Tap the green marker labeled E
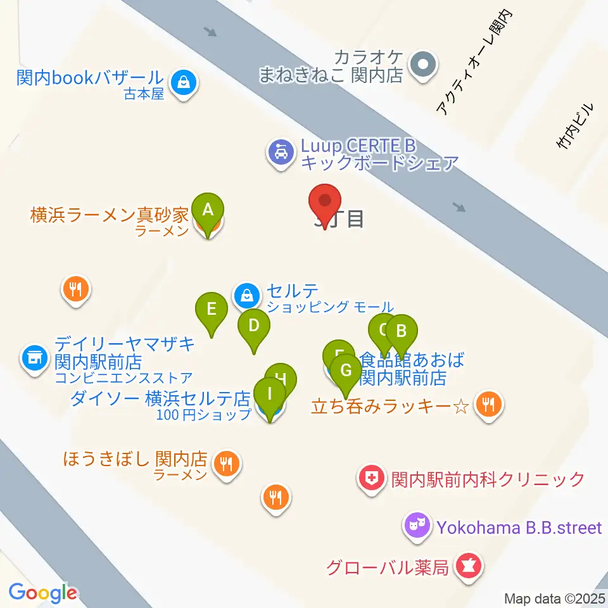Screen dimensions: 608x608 click(x=212, y=310)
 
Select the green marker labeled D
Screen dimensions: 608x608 click(x=253, y=327)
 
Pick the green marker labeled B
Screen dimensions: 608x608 click(x=400, y=331)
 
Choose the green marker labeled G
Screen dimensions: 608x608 click(x=346, y=370)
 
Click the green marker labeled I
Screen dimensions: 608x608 click(x=270, y=394)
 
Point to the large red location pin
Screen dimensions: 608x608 click(x=325, y=202)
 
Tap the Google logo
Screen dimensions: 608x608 click(x=42, y=593)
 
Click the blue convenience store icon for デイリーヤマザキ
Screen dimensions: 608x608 click(x=34, y=358)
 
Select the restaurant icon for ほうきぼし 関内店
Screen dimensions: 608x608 click(x=227, y=464)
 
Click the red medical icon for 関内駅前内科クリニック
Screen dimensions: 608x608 click(x=372, y=478)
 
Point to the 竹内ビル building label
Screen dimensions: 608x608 click(x=576, y=127)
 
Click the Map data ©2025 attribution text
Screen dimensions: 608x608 click(x=555, y=598)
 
